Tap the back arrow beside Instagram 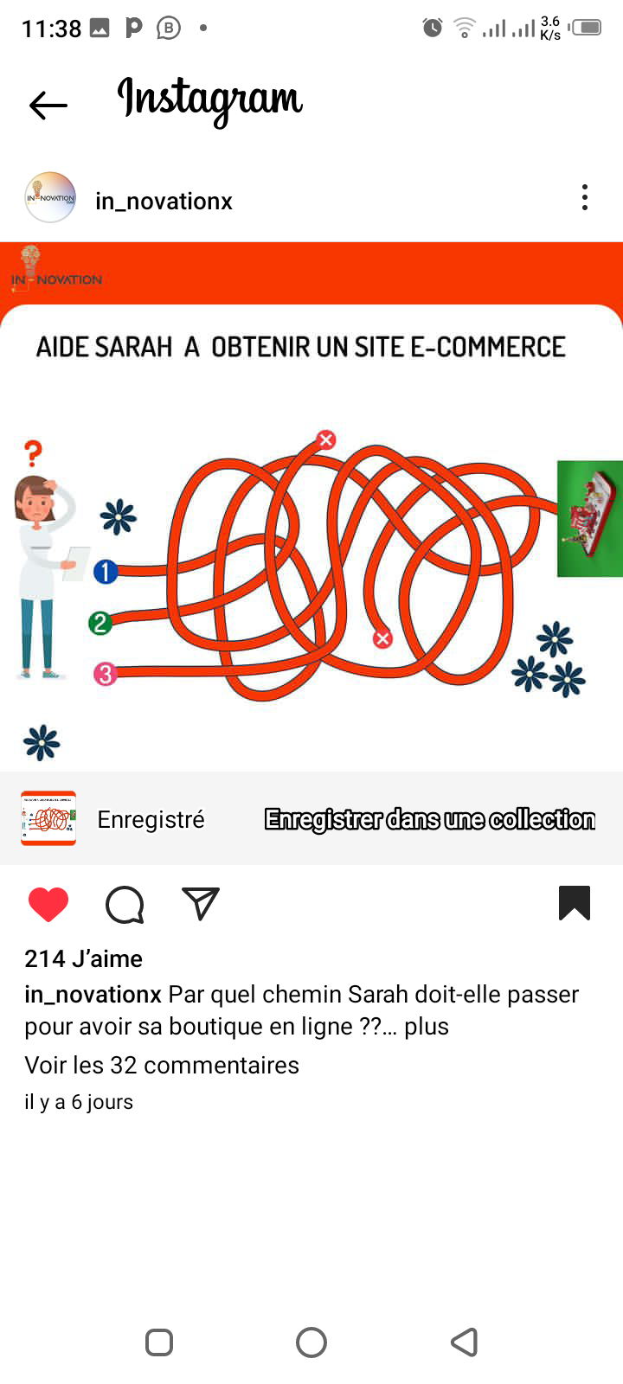48,105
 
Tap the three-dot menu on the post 585,198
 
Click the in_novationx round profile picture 50,198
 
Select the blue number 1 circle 106,572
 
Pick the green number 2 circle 100,623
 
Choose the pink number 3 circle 105,674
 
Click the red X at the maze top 326,439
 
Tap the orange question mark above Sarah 34,453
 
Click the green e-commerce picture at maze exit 589,518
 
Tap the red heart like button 48,904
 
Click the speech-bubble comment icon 125,905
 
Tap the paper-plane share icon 201,903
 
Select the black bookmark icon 575,903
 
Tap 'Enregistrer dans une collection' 430,819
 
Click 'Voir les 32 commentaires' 162,1065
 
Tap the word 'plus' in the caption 427,1027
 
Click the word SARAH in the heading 133,347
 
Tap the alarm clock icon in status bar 433,28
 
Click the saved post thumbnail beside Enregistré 48,818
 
